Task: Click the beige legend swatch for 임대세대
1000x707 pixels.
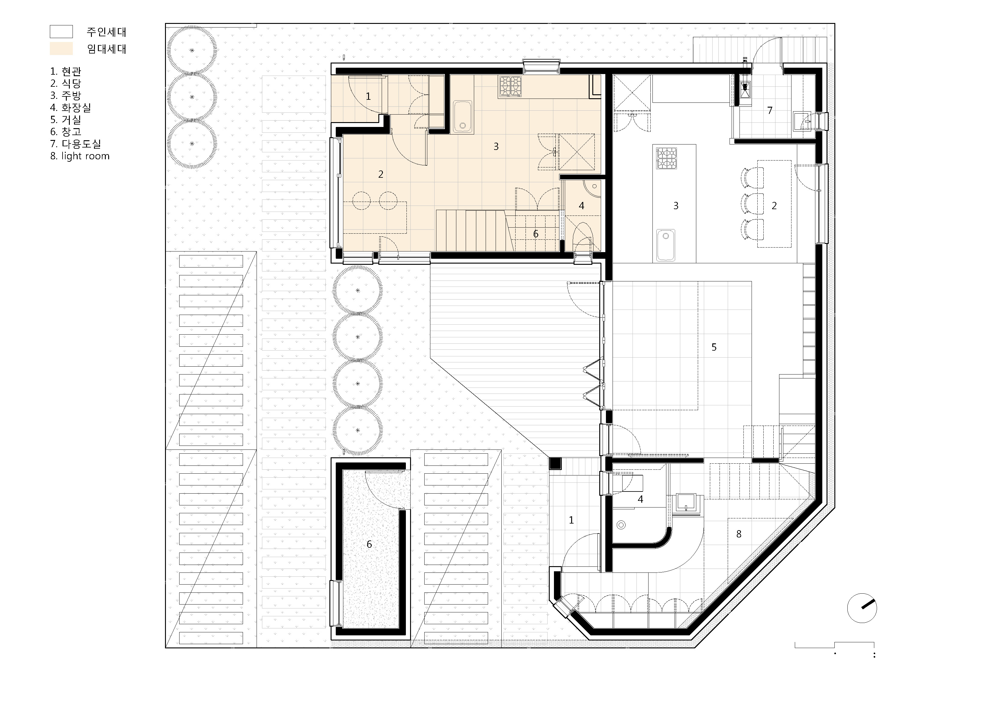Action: point(61,49)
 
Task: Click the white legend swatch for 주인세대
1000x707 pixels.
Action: point(61,32)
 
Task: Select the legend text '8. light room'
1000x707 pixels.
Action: point(80,156)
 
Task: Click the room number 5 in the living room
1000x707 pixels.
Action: point(714,347)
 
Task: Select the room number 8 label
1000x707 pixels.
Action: point(739,534)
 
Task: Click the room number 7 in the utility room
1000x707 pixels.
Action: point(770,111)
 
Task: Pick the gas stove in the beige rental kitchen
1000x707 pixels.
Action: point(510,86)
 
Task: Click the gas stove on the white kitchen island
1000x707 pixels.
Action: point(667,158)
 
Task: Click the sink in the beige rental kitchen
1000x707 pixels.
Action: point(463,117)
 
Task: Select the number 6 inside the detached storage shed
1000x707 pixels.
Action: point(369,544)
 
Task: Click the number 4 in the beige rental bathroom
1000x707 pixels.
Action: point(581,206)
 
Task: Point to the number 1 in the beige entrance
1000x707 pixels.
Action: point(368,96)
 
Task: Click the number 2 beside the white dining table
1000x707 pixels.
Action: point(774,206)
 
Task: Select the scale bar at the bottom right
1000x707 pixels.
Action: point(834,645)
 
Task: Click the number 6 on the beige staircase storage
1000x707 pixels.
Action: point(536,234)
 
